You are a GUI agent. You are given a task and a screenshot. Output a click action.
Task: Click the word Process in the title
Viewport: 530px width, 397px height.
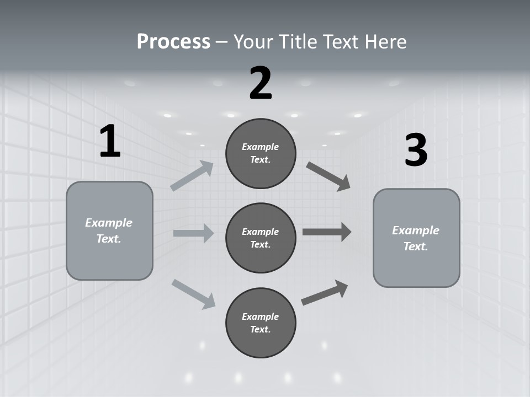click(x=173, y=42)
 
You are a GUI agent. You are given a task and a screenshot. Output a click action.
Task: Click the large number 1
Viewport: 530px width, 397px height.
click(x=110, y=142)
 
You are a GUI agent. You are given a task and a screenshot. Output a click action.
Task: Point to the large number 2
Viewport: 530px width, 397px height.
click(x=261, y=83)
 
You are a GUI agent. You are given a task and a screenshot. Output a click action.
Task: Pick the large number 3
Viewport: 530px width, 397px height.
click(x=416, y=150)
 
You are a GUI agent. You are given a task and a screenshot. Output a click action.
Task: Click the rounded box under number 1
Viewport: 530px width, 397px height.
click(x=109, y=230)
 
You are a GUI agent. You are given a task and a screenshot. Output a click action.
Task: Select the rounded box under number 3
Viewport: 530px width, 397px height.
click(x=416, y=238)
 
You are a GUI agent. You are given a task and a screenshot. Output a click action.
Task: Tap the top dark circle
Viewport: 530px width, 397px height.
click(x=261, y=153)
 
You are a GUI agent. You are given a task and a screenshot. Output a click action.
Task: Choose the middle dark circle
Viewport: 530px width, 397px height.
click(x=261, y=238)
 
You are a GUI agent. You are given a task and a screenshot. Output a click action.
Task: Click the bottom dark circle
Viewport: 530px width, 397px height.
click(x=261, y=323)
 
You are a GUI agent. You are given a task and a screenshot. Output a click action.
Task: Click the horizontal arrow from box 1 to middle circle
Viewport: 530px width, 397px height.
click(x=193, y=233)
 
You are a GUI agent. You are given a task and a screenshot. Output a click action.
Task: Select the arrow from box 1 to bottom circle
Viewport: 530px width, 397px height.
click(x=194, y=293)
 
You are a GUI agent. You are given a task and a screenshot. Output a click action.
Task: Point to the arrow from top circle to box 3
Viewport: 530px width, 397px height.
click(x=328, y=176)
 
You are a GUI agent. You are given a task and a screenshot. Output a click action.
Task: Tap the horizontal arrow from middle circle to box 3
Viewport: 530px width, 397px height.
click(x=327, y=232)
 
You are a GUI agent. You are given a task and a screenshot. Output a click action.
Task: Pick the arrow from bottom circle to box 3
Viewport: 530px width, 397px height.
click(x=325, y=292)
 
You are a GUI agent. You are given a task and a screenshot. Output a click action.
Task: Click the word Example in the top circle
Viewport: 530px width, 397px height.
click(x=261, y=147)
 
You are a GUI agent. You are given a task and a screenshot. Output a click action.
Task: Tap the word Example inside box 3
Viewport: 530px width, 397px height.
click(x=416, y=230)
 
